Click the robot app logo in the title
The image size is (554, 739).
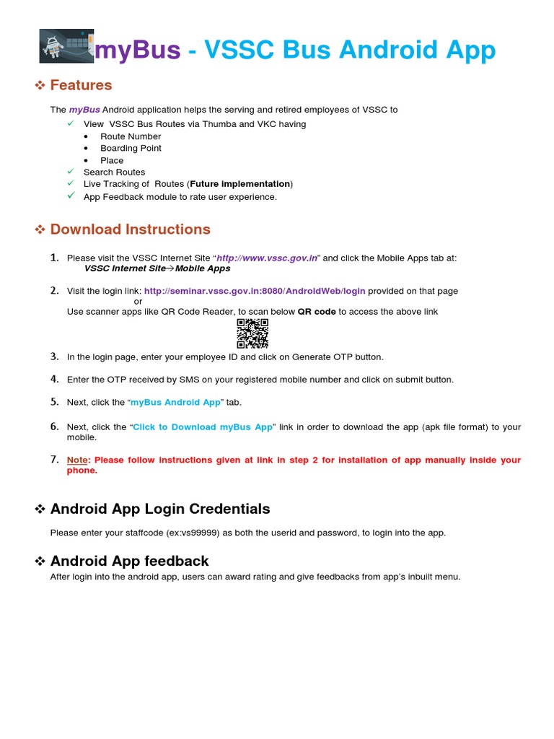pos(66,47)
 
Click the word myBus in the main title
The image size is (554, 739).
pos(138,50)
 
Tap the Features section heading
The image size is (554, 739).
pos(81,85)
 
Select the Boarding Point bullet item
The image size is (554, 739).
pos(131,148)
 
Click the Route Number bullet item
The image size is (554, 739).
pos(131,136)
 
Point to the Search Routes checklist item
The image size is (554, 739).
pos(114,172)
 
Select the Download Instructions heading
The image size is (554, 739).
pos(130,229)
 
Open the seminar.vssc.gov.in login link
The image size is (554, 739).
pos(255,291)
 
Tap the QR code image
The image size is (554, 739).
pos(252,333)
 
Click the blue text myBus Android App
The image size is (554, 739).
pos(175,402)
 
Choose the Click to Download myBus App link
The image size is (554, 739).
pos(203,427)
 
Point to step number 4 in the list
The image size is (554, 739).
pos(55,379)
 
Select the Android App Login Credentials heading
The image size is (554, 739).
pos(159,509)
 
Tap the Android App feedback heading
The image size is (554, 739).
pos(129,561)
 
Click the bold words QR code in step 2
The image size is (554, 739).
pos(317,312)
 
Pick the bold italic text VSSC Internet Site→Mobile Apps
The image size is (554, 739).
pos(157,268)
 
